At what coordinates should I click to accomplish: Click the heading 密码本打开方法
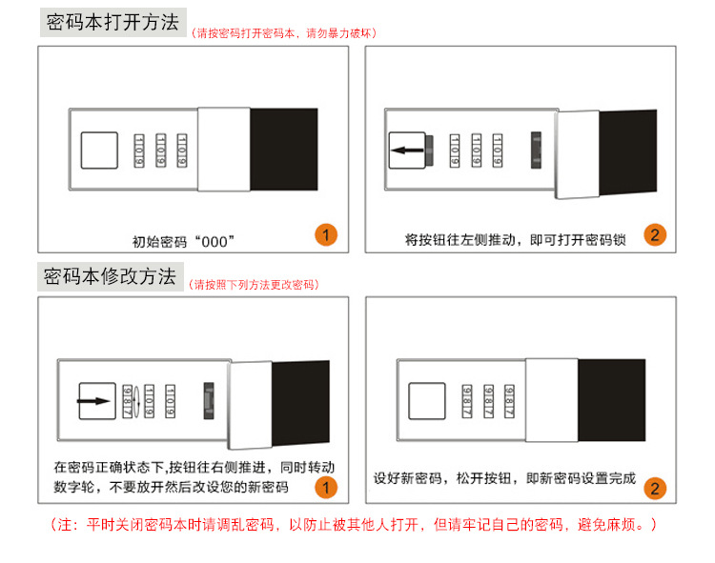[112, 22]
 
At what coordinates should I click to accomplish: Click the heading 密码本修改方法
[110, 276]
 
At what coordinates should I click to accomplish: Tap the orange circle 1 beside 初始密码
[326, 235]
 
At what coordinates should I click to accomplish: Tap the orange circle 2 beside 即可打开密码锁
[655, 235]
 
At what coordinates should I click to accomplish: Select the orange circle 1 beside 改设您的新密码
[326, 488]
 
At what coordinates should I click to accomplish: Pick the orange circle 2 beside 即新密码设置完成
[655, 489]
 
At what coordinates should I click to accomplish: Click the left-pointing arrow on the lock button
[408, 150]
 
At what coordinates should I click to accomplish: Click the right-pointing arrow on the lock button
[94, 401]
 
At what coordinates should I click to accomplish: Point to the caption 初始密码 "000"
[183, 241]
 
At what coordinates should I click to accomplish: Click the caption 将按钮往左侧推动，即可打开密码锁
[515, 240]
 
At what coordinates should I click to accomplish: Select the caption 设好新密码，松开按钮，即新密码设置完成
[504, 478]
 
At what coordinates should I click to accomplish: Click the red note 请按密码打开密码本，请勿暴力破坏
[284, 33]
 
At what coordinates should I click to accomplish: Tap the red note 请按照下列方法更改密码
[254, 285]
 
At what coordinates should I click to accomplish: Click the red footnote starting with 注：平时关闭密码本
[354, 525]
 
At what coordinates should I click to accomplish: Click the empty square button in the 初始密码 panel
[99, 151]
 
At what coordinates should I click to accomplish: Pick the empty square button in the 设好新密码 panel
[427, 401]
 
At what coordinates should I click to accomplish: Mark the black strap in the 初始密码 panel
[284, 150]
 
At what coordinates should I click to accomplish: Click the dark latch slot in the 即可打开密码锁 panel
[536, 151]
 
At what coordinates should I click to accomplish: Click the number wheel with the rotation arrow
[128, 401]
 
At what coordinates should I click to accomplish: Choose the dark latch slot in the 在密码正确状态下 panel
[209, 401]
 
